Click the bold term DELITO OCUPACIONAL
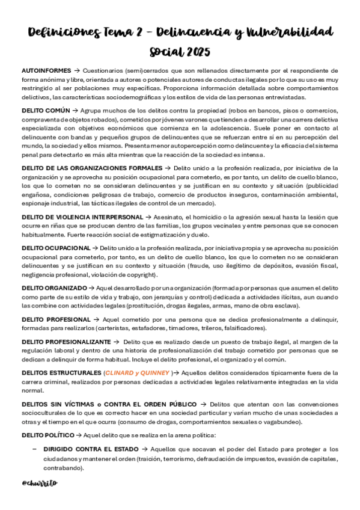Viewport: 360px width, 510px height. click(x=56, y=247)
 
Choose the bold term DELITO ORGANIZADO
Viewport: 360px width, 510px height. click(x=54, y=287)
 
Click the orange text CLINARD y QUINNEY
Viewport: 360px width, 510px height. click(x=138, y=373)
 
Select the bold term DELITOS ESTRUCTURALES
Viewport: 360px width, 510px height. click(x=60, y=373)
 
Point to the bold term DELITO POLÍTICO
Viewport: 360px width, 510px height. click(x=47, y=434)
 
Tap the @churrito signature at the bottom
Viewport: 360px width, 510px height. click(x=39, y=482)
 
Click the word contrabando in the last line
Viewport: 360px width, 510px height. click(x=63, y=468)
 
